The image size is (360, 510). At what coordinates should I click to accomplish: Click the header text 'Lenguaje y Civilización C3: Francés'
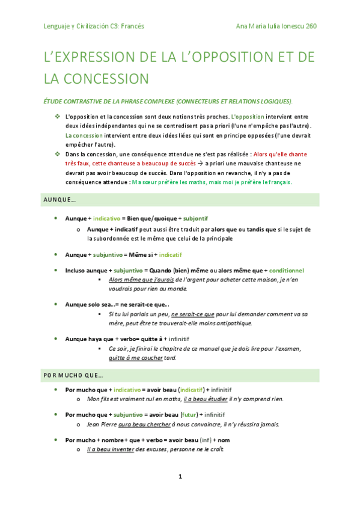[94, 26]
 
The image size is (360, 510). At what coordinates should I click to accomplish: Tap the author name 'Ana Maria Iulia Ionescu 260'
[277, 26]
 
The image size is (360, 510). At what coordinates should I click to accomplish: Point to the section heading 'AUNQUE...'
[59, 200]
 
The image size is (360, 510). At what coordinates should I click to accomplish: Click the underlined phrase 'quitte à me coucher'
[136, 358]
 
